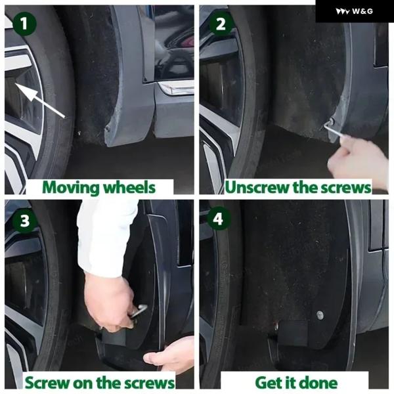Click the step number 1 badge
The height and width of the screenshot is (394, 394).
click(24, 24)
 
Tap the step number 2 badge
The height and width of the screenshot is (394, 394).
click(221, 24)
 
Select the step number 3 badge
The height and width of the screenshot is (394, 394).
click(25, 221)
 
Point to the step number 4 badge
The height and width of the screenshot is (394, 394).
click(218, 219)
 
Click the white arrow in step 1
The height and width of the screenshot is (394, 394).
click(40, 100)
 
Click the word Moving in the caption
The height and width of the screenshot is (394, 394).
click(71, 188)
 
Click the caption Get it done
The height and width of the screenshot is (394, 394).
click(296, 382)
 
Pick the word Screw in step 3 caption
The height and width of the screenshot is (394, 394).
click(47, 382)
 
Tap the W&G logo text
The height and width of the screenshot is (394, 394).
click(362, 11)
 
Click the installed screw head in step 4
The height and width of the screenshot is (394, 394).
click(320, 315)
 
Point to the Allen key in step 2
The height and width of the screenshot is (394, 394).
click(335, 129)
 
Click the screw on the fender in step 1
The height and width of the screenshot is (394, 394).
click(108, 128)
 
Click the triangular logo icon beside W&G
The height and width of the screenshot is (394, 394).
click(343, 11)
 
